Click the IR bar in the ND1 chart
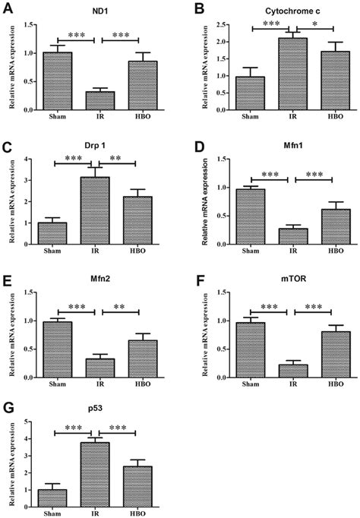point(95,100)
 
